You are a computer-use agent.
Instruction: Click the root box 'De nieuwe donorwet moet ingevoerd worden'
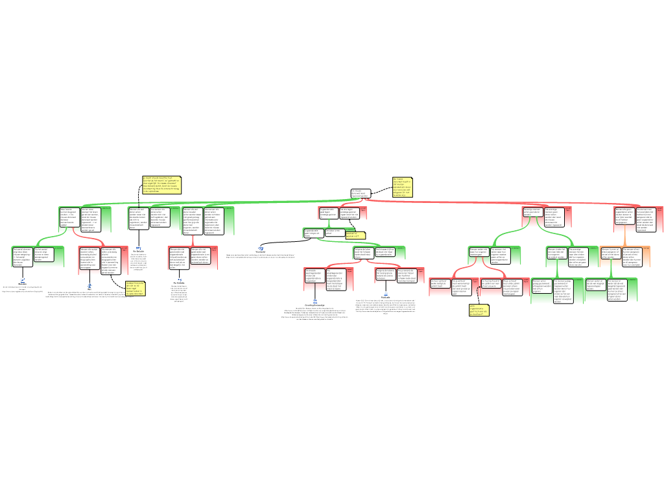pos(360,193)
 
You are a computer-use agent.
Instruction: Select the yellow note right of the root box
pos(401,186)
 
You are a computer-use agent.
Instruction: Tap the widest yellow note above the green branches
pos(161,185)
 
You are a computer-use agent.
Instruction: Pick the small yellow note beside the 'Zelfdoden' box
pos(355,235)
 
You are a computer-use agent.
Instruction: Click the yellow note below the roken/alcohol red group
pos(135,288)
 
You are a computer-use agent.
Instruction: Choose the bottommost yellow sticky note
pos(479,311)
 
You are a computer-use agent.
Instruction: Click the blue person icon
pos(314,302)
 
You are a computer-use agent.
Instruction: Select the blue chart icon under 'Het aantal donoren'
pos(23,280)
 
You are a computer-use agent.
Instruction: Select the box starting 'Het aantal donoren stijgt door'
pos(23,256)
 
